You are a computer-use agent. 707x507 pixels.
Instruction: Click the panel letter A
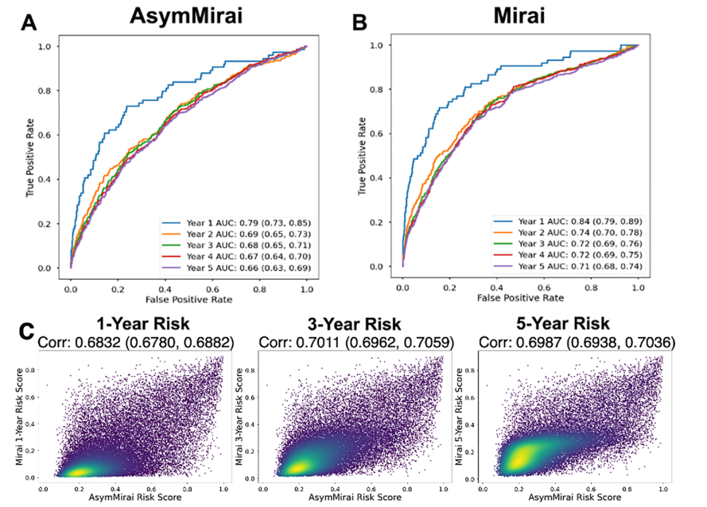click(x=30, y=24)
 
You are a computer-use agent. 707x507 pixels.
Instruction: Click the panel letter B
click(x=359, y=23)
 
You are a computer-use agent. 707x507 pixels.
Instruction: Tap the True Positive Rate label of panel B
click(x=364, y=156)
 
